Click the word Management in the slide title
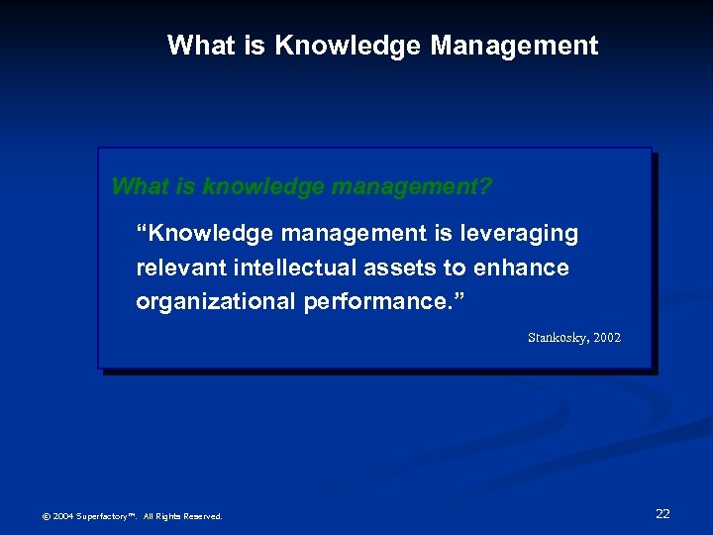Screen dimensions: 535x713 pyautogui.click(x=514, y=46)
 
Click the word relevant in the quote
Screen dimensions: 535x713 pyautogui.click(x=178, y=267)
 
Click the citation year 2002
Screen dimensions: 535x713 pyautogui.click(x=605, y=338)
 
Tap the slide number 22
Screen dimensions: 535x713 pyautogui.click(x=662, y=513)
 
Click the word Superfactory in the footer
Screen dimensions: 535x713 pyautogui.click(x=102, y=516)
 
